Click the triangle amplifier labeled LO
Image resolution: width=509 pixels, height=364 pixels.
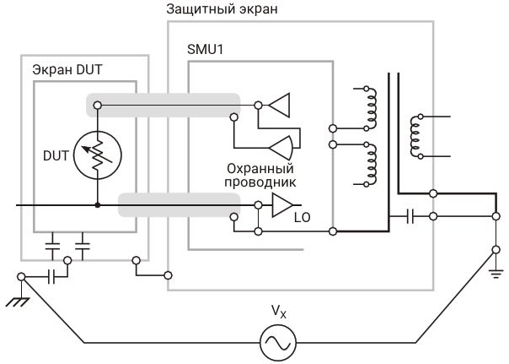tap(281, 204)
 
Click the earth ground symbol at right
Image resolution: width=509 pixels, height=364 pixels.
tap(495, 269)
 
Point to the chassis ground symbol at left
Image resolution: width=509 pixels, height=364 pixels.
tap(14, 290)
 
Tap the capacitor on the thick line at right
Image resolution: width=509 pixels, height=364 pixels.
tap(409, 216)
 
